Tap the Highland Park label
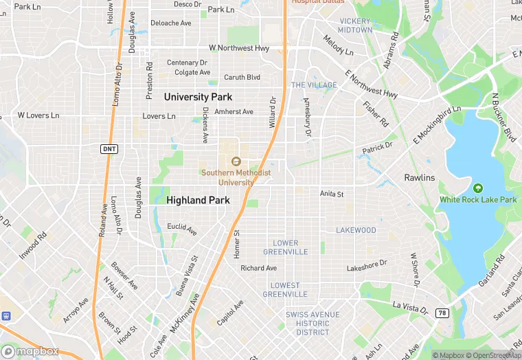198,200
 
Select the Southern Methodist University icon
236,161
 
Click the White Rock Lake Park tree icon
478,188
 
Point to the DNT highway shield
109,149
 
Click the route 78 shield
443,313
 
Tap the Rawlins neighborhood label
419,178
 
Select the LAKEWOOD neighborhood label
356,230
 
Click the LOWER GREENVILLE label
286,247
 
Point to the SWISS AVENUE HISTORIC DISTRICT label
313,324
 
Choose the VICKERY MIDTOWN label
355,25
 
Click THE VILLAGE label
314,85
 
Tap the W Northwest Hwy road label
238,48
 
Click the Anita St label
332,194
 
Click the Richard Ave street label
259,268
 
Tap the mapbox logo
30,351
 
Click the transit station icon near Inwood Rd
7,316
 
